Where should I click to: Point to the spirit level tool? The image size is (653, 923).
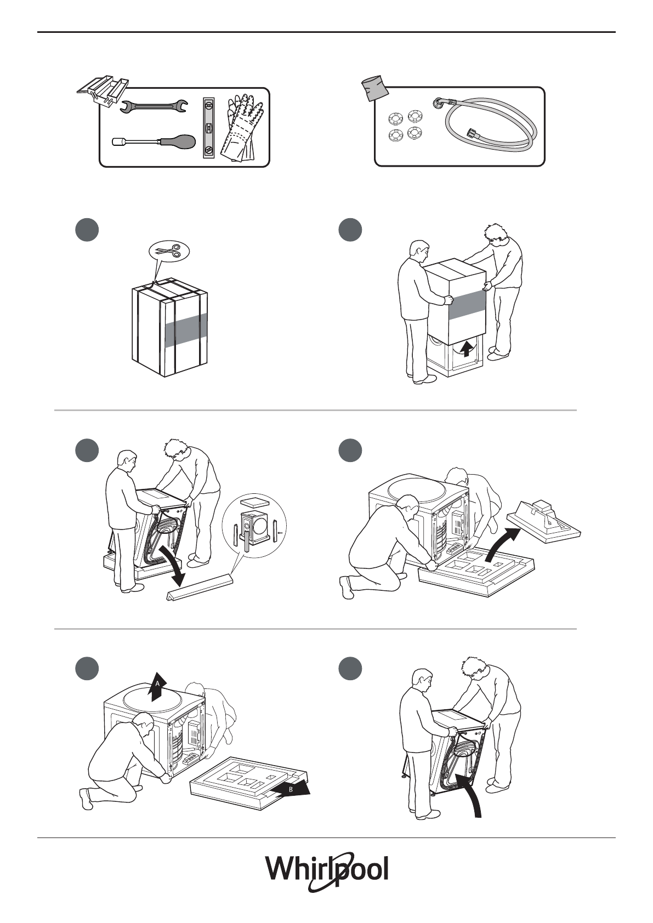pos(209,128)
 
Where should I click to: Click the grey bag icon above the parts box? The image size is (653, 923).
pos(375,87)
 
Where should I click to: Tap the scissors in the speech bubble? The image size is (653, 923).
pos(169,250)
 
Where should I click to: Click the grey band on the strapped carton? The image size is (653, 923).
pos(186,329)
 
